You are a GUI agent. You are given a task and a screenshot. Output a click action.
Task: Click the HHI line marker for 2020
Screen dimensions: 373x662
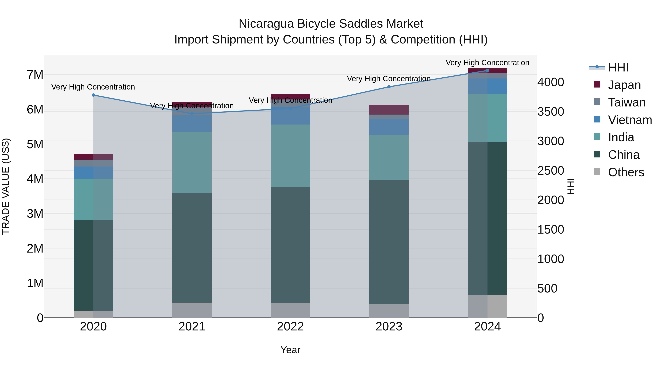tap(93, 95)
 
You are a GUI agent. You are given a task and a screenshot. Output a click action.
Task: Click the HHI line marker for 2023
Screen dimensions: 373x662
tap(389, 87)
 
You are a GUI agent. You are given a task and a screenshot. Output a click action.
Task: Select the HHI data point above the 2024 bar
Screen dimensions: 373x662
tap(487, 71)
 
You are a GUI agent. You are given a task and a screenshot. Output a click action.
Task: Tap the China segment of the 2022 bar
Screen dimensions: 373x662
tap(290, 245)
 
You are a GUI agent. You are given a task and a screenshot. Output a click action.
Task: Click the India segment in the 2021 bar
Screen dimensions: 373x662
tap(192, 162)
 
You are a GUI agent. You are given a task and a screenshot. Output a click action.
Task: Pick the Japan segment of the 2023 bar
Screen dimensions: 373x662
tap(389, 109)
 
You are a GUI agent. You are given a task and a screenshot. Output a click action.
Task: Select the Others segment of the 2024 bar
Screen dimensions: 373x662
tap(487, 306)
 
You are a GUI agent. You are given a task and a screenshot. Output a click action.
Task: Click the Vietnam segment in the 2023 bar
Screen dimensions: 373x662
tap(389, 127)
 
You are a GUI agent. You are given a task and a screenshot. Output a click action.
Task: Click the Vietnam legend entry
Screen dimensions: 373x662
tap(630, 120)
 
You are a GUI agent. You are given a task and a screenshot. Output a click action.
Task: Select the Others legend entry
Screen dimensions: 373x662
tap(626, 172)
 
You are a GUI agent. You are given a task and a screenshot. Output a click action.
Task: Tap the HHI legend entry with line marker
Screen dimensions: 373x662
tap(618, 67)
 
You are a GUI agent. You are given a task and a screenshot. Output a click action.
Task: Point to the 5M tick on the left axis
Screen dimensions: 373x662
tap(35, 144)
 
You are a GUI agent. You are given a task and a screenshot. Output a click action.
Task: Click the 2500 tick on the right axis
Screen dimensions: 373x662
tap(550, 171)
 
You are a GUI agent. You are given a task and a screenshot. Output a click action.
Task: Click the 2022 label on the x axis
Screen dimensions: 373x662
tap(290, 327)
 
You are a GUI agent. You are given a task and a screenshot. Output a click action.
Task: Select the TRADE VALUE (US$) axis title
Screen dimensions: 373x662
tap(6, 186)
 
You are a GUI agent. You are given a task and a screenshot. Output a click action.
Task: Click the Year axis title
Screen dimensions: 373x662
tap(290, 350)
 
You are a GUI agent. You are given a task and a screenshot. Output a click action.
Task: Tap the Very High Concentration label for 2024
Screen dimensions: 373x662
tap(487, 63)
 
